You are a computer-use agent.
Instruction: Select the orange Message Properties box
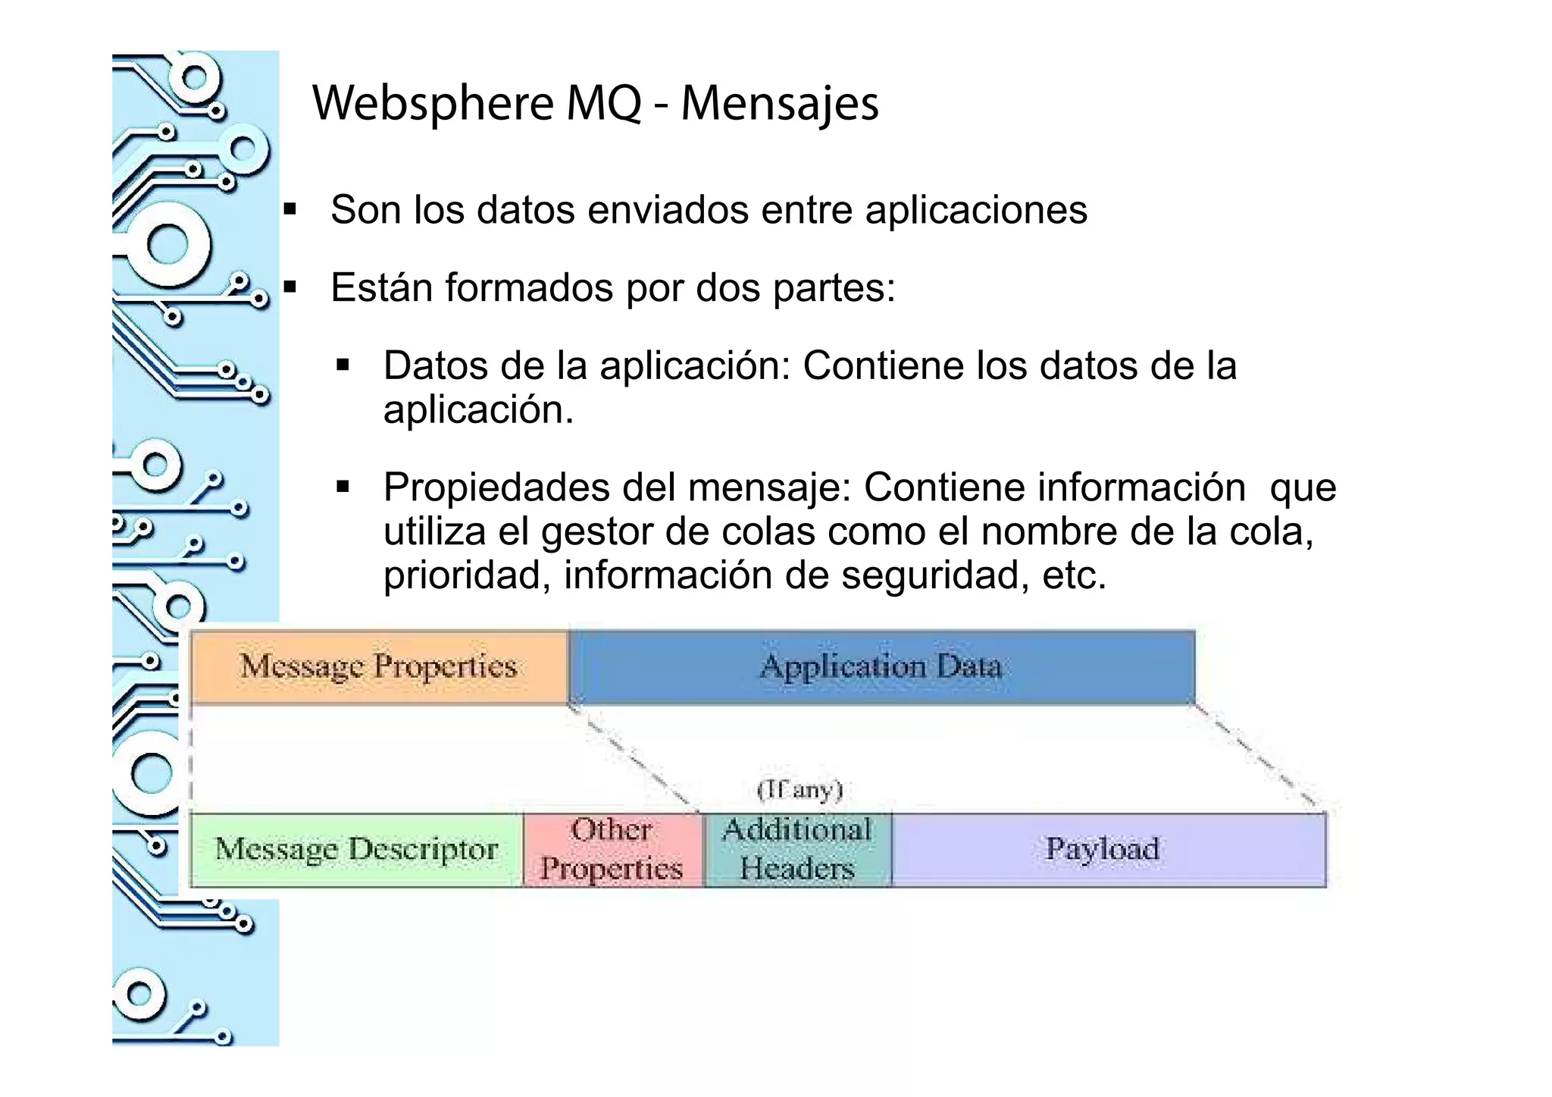379,667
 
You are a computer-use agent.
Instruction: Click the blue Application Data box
881,667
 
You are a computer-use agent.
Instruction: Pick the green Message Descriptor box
356,850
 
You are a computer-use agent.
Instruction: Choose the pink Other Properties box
612,850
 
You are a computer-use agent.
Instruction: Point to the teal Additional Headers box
797,850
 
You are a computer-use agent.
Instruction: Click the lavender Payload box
1103,850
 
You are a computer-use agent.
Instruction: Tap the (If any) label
800,790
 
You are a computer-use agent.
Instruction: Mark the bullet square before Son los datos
289,209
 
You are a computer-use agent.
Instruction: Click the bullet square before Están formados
289,287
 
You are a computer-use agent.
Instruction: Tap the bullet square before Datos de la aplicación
343,366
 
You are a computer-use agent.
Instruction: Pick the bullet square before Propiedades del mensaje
343,487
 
